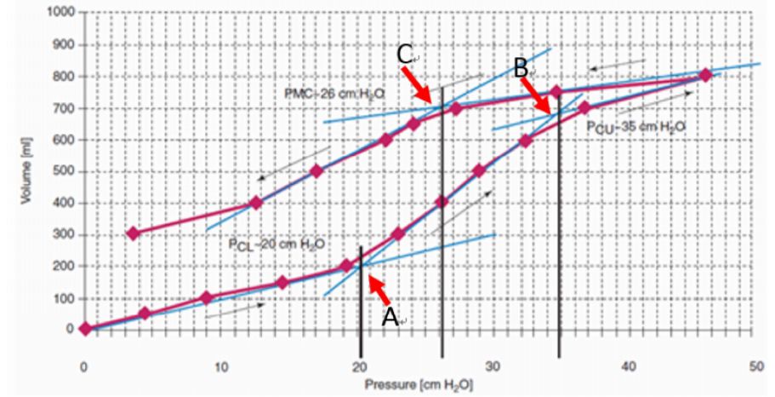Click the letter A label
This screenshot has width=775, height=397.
[x=390, y=316]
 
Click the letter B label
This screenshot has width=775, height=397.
[x=521, y=67]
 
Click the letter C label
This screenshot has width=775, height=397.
[x=405, y=55]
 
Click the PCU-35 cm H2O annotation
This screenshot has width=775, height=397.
[x=635, y=126]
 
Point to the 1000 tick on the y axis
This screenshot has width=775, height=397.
[x=60, y=13]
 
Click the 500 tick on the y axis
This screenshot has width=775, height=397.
[x=65, y=171]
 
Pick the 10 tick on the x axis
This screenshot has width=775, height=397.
[x=219, y=365]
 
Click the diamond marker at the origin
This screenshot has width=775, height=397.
[x=85, y=329]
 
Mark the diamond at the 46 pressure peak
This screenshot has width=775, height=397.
[x=704, y=75]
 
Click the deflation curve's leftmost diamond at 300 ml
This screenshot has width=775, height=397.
[x=132, y=233]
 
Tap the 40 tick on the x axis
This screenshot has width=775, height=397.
[x=629, y=365]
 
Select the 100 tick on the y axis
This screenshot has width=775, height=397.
[x=65, y=298]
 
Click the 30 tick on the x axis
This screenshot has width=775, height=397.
[x=493, y=365]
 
